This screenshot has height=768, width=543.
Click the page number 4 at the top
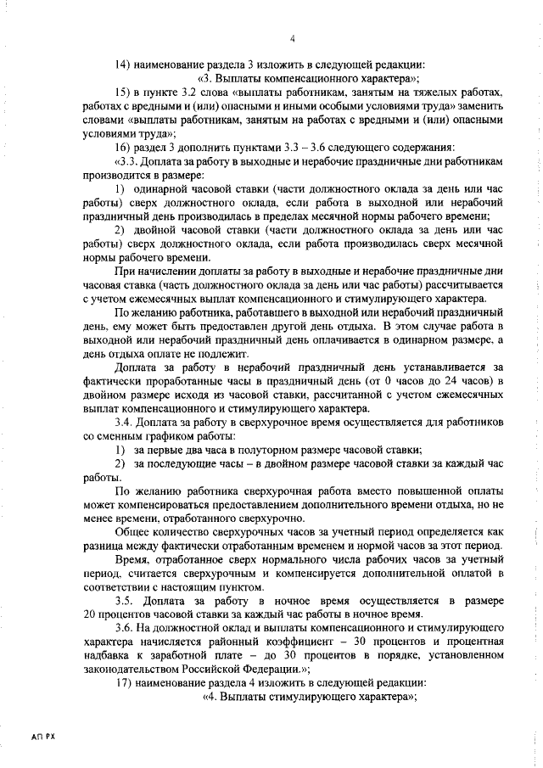pos(292,38)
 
